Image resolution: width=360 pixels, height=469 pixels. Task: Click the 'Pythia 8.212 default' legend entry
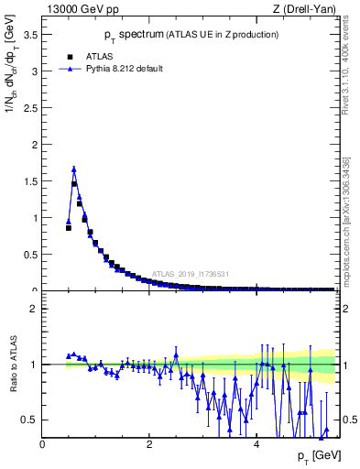click(x=125, y=69)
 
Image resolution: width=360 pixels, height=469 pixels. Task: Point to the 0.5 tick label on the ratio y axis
click(x=30, y=420)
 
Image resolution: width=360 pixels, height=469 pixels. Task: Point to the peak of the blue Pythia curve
click(x=74, y=169)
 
